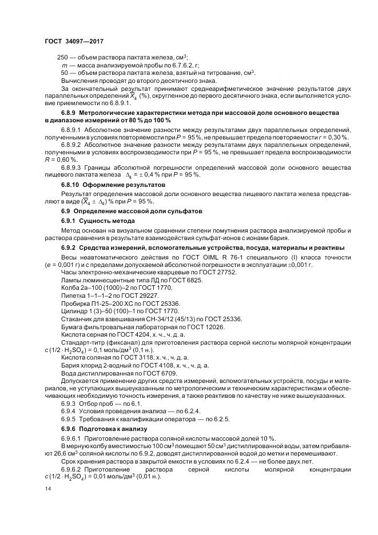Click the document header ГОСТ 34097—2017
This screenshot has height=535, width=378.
[74, 42]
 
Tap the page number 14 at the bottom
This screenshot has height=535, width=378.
[47, 489]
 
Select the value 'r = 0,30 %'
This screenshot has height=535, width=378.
[333, 138]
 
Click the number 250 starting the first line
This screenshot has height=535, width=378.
[63, 58]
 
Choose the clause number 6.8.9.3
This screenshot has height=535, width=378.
[72, 167]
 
